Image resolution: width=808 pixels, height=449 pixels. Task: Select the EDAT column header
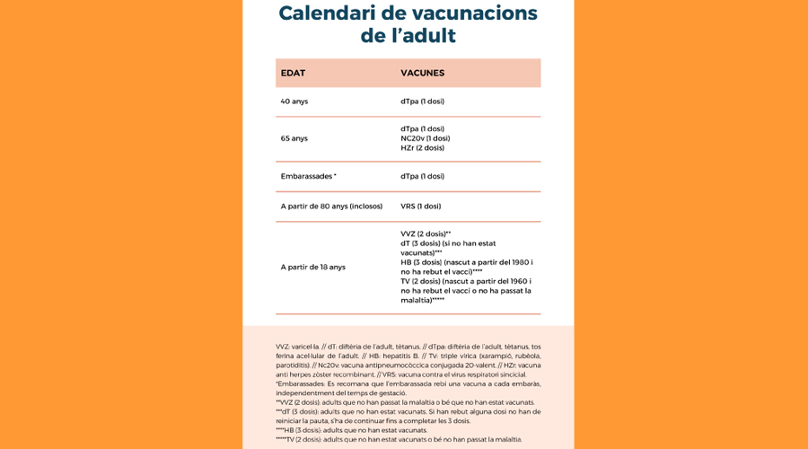(293, 73)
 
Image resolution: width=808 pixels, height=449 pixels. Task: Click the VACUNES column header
(422, 73)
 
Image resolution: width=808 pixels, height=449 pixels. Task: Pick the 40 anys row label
(294, 101)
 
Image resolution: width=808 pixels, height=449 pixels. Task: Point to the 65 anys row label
(294, 138)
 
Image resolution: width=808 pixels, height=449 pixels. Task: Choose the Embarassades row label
(308, 176)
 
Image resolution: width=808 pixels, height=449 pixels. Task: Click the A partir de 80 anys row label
(331, 206)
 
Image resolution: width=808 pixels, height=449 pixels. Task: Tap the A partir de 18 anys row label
(312, 267)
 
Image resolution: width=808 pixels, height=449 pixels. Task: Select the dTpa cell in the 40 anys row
(422, 101)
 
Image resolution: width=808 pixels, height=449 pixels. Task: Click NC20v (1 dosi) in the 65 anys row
(425, 138)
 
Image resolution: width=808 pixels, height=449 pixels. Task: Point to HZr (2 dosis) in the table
(422, 148)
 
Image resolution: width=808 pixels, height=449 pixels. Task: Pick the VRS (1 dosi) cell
(420, 206)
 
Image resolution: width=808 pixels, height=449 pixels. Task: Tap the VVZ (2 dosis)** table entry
(426, 233)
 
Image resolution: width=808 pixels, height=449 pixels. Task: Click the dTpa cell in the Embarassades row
(422, 176)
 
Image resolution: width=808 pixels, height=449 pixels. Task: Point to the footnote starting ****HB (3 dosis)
(351, 430)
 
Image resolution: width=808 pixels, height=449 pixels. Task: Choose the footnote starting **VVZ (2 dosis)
(404, 402)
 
